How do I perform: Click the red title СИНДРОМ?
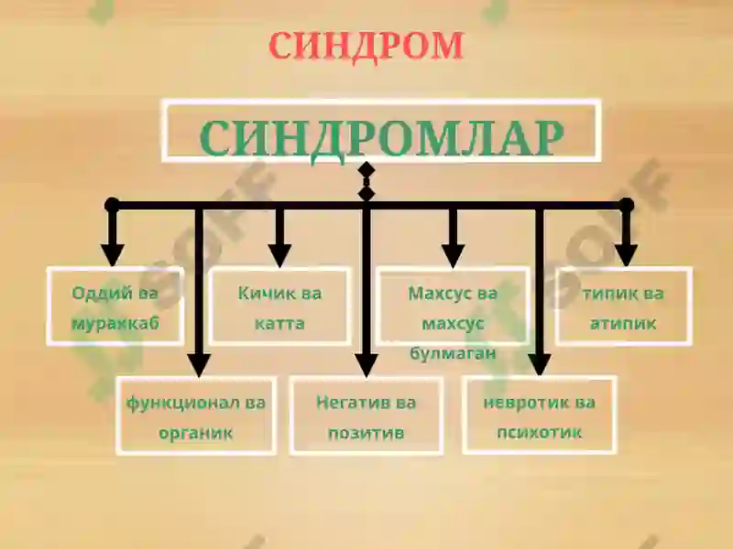coord(366,46)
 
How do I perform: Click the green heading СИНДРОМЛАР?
coord(381,139)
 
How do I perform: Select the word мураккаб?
coord(115,324)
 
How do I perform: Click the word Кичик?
coord(263,293)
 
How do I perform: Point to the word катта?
coord(279,323)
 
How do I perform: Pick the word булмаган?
coord(453,353)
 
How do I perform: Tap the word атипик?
coord(623,323)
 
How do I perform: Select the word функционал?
coord(183,403)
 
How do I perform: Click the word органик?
coord(195,433)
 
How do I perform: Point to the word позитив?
coord(366,433)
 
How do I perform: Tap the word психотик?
coord(539,432)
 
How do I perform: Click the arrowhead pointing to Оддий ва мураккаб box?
coord(112,255)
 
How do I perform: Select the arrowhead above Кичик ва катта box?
coord(279,256)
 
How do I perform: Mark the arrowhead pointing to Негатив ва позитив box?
coord(366,365)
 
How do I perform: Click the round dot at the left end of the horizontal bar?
coord(112,205)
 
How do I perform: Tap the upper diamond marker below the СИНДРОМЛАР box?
coord(366,170)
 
